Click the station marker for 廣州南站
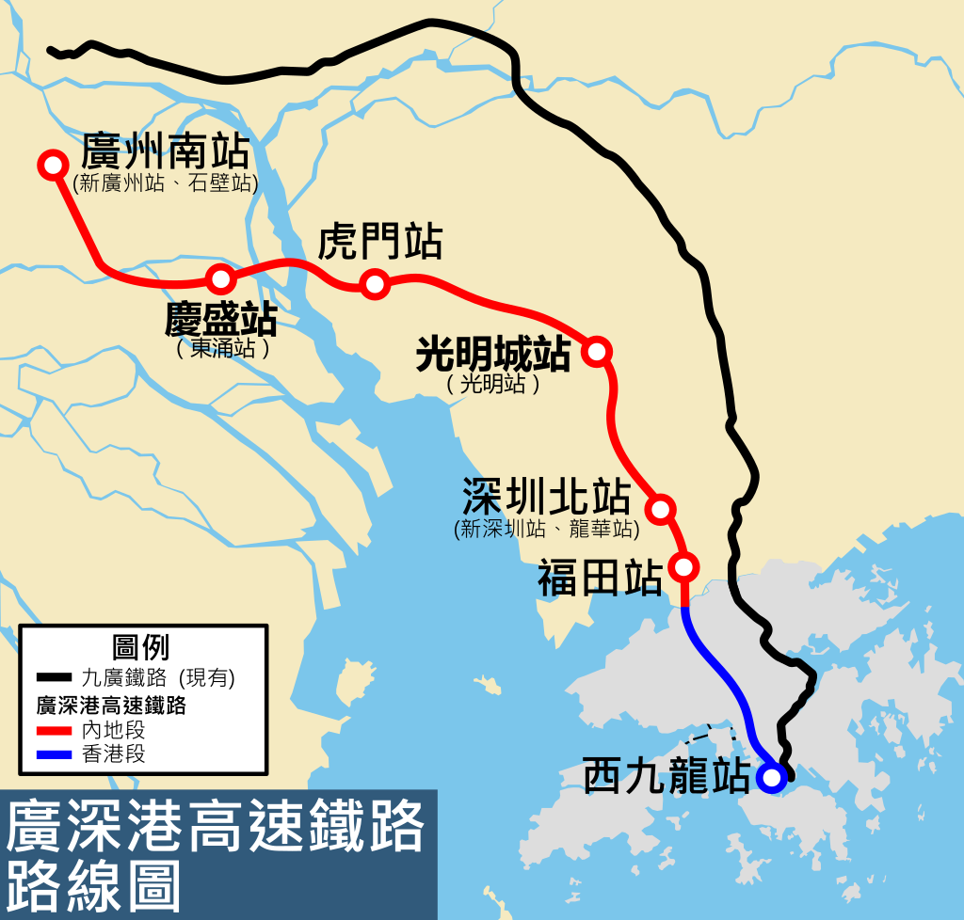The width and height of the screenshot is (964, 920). (x=51, y=164)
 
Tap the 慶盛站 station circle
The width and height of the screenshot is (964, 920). (x=220, y=278)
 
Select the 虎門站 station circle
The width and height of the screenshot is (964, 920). (x=375, y=282)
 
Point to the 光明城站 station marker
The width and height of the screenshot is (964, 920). (x=597, y=351)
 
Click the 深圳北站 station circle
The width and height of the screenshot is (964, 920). (x=661, y=508)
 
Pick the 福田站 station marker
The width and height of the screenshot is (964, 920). (x=684, y=566)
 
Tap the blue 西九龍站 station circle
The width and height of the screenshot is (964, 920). (x=771, y=778)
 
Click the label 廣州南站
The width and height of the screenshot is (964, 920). (x=166, y=150)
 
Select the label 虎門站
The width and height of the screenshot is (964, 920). (x=380, y=242)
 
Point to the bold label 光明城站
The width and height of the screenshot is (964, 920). (x=493, y=355)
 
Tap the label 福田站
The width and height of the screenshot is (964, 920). (x=600, y=579)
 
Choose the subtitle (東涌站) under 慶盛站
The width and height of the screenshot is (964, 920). (x=223, y=349)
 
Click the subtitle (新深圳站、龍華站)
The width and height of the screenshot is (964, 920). (x=546, y=530)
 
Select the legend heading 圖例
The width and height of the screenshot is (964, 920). (x=140, y=647)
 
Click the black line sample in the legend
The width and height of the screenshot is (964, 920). (x=55, y=677)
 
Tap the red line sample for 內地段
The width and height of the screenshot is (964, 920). (x=55, y=730)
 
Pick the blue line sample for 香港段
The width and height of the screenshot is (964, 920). (x=55, y=754)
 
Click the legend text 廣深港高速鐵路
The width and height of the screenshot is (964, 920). (x=109, y=705)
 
